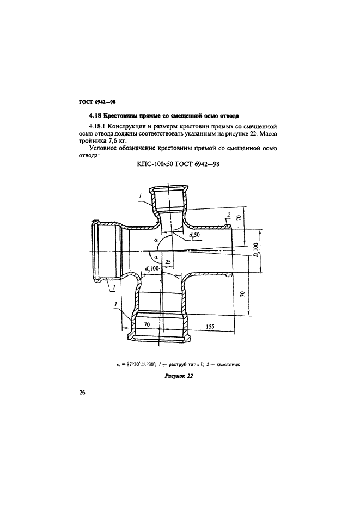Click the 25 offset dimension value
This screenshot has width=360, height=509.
[168, 262]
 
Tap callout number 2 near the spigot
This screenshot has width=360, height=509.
[230, 213]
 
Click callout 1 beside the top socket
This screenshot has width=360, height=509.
[140, 195]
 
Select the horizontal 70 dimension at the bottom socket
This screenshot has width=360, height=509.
[147, 325]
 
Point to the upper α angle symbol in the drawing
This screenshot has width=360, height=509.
[155, 238]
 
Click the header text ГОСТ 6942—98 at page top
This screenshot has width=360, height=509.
[94, 102]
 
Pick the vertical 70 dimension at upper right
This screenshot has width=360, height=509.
[238, 219]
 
